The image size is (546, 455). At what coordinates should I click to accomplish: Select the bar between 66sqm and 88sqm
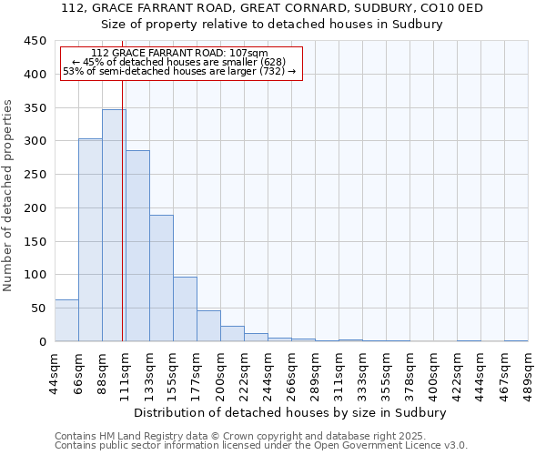(x=90, y=240)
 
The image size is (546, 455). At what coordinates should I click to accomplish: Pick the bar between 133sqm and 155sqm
(x=161, y=278)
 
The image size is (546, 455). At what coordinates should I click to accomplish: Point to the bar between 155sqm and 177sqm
(x=185, y=309)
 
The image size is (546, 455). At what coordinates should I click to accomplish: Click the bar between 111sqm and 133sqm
(x=137, y=246)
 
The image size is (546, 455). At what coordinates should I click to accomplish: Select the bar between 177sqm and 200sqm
(x=208, y=326)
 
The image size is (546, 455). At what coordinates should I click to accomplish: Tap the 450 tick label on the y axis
(x=35, y=41)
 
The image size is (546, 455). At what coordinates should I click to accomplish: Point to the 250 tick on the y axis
(x=35, y=175)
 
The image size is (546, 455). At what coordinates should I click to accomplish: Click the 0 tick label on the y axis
(x=43, y=341)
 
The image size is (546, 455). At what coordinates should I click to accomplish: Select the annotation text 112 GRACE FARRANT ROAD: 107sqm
(x=180, y=54)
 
